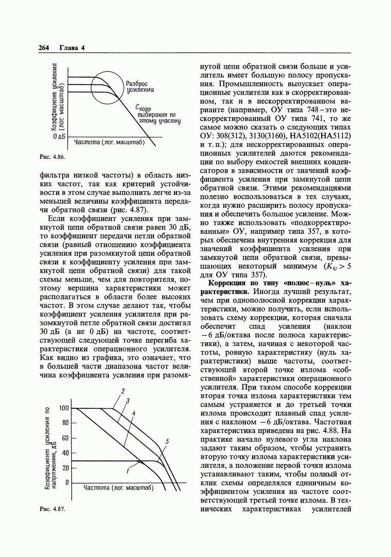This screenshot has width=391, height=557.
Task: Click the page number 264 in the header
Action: click(x=45, y=48)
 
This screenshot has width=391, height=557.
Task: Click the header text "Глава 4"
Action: click(x=72, y=48)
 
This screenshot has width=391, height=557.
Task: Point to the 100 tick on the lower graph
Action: click(x=64, y=408)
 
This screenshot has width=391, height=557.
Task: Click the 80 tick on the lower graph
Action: click(x=65, y=423)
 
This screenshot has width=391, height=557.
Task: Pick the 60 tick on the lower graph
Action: click(x=65, y=438)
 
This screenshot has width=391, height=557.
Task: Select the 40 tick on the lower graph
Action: click(x=65, y=453)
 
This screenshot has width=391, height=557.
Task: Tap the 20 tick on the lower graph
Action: click(x=65, y=468)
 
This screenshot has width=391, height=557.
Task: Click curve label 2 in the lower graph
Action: click(x=123, y=391)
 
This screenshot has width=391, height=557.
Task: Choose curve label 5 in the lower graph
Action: click(x=167, y=441)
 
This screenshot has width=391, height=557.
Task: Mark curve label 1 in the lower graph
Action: click(x=128, y=471)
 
